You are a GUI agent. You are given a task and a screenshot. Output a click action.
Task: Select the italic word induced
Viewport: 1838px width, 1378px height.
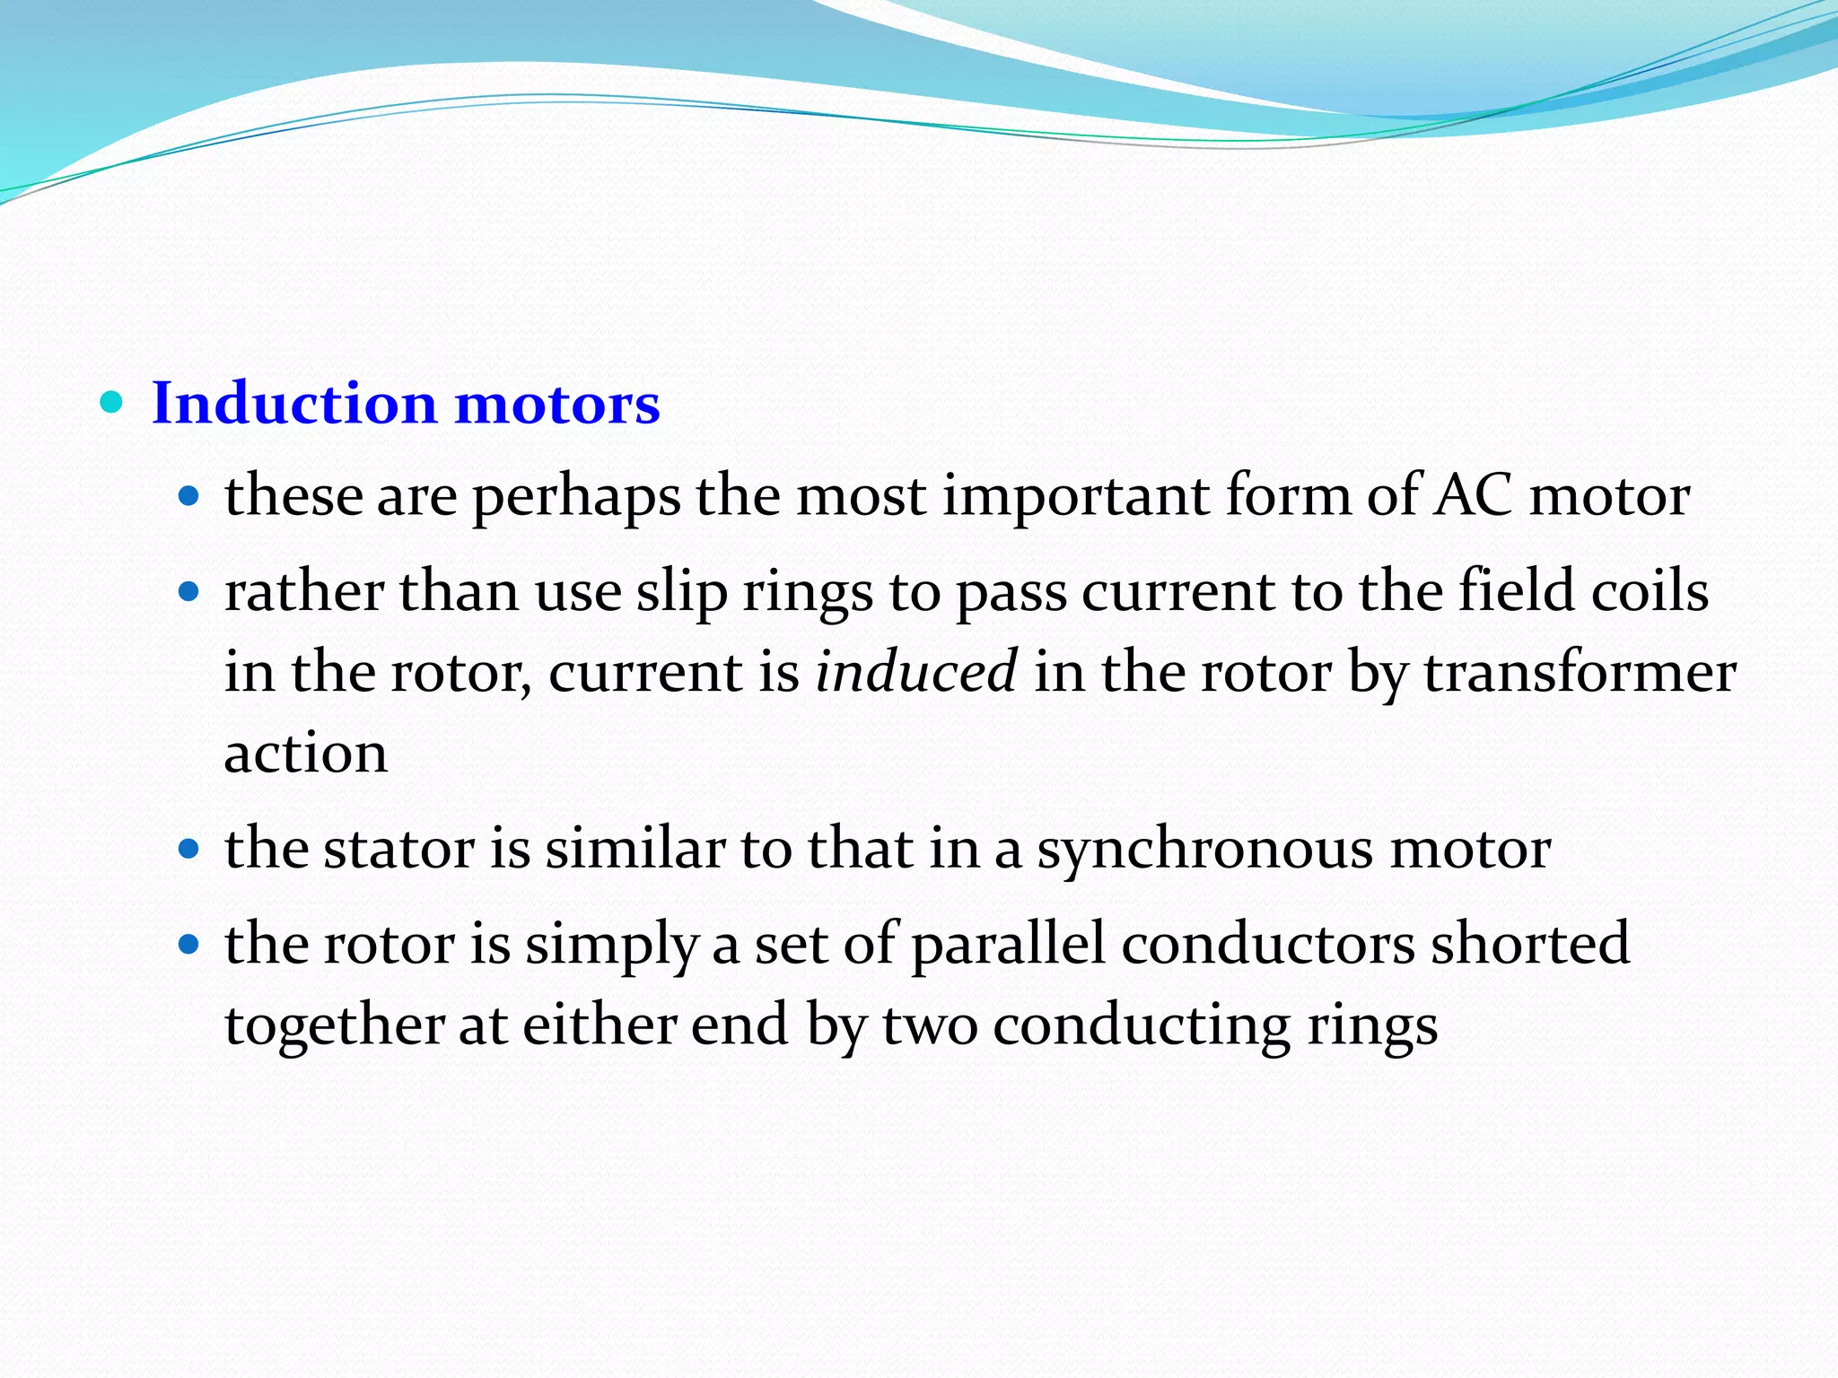[916, 672]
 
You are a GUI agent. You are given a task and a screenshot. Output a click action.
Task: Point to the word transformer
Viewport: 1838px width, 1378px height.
[1580, 672]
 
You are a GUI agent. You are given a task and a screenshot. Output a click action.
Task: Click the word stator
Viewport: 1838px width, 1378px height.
[398, 848]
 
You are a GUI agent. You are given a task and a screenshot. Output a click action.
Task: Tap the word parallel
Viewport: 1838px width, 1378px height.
[1008, 944]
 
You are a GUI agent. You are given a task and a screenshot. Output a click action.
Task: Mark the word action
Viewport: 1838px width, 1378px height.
[306, 753]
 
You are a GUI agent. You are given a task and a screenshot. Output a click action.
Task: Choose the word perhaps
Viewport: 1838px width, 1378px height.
[576, 497]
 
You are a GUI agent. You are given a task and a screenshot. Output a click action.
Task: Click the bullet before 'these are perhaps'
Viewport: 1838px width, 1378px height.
[188, 495]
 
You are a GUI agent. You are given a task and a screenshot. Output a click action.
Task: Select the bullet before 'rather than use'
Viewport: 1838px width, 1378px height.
[188, 592]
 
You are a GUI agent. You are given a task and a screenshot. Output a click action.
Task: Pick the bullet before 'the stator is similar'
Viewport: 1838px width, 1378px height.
[188, 849]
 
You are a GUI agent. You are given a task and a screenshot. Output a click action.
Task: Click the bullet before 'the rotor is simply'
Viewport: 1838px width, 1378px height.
[188, 945]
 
